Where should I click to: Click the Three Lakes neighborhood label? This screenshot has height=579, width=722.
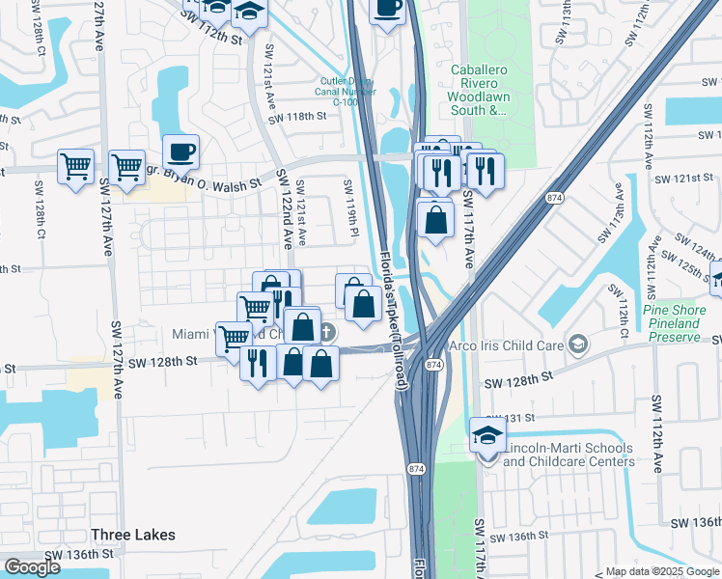click(x=133, y=535)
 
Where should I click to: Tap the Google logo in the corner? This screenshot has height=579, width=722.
click(x=32, y=567)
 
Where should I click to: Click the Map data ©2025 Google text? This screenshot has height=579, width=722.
click(x=661, y=571)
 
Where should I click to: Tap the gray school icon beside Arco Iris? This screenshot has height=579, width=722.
click(x=577, y=345)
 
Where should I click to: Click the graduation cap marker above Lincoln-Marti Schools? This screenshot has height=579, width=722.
click(x=487, y=435)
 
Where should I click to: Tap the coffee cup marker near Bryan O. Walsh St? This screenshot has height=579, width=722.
click(x=180, y=152)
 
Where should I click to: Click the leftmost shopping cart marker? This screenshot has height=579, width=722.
click(x=75, y=167)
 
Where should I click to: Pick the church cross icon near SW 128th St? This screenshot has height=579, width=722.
click(x=328, y=333)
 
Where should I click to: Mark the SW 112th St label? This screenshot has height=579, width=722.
click(x=213, y=38)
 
